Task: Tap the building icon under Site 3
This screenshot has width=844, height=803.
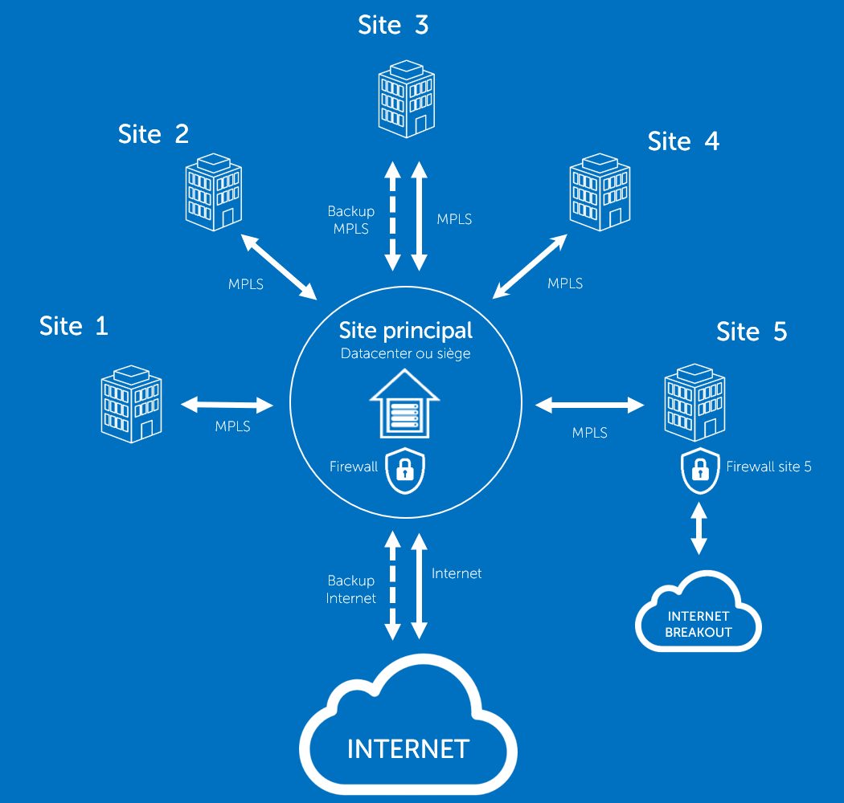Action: tap(406, 98)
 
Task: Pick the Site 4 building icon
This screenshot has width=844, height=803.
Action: tap(600, 193)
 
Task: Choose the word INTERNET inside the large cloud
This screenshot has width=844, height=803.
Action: tap(408, 749)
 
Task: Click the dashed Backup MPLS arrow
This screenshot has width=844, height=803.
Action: tap(392, 216)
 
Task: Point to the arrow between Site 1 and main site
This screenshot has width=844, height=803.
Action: tap(227, 405)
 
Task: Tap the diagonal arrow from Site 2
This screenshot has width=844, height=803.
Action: tap(278, 265)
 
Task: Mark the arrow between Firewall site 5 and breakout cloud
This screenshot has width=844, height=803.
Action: tap(699, 528)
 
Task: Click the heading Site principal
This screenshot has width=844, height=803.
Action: tap(405, 330)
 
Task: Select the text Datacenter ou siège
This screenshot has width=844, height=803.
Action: tap(405, 353)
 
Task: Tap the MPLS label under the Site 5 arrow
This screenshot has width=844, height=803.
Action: tap(589, 433)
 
